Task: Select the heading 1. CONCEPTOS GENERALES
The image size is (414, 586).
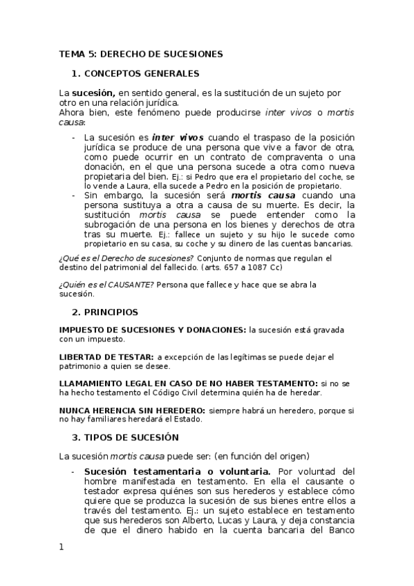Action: [135, 73]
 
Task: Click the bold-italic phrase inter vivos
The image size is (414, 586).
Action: [178, 138]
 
